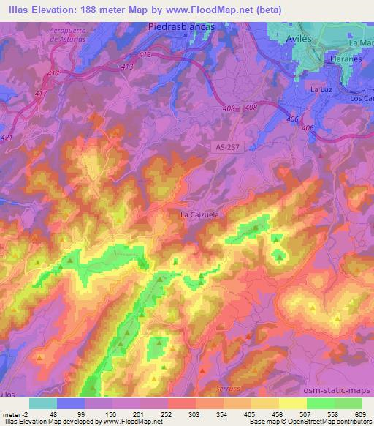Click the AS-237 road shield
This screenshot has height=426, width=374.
pyautogui.click(x=229, y=146)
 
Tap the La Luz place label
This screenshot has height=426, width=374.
pyautogui.click(x=321, y=89)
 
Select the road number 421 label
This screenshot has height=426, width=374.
pyautogui.click(x=7, y=137)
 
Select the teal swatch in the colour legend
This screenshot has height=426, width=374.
pyautogui.click(x=43, y=403)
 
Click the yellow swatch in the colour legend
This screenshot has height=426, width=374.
pyautogui.click(x=293, y=403)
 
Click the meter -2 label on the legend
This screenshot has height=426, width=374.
pyautogui.click(x=14, y=414)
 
